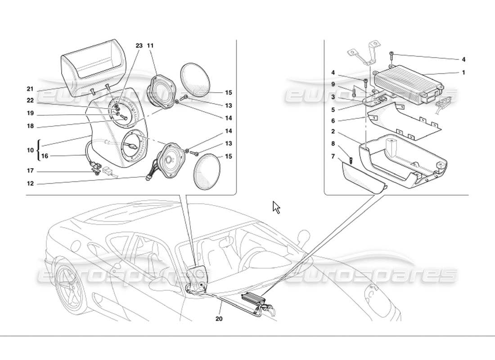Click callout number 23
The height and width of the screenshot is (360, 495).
coord(139,46)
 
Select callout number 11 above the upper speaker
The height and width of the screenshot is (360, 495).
coord(150,46)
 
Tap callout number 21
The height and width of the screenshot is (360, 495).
coord(30,89)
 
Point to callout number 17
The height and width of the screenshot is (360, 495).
coord(30,171)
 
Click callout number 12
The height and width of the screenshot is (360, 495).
coord(30,183)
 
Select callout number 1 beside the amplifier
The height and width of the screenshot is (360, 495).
coord(463,72)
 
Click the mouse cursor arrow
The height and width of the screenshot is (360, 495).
coord(276,207)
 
